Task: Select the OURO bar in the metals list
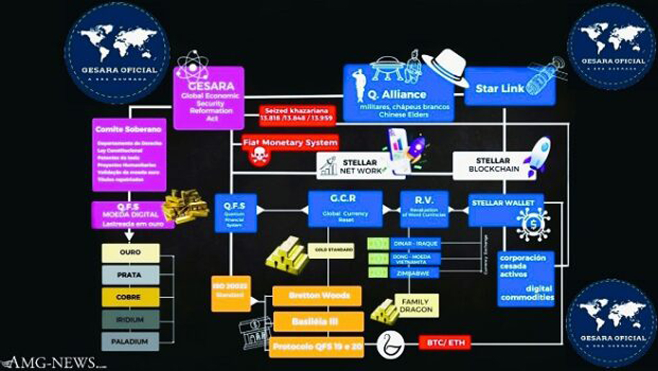tap(130, 253)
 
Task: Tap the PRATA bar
tap(130, 275)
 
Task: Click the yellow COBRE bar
tap(130, 297)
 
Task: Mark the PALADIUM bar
tap(130, 341)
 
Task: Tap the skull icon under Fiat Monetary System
tap(259, 158)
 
